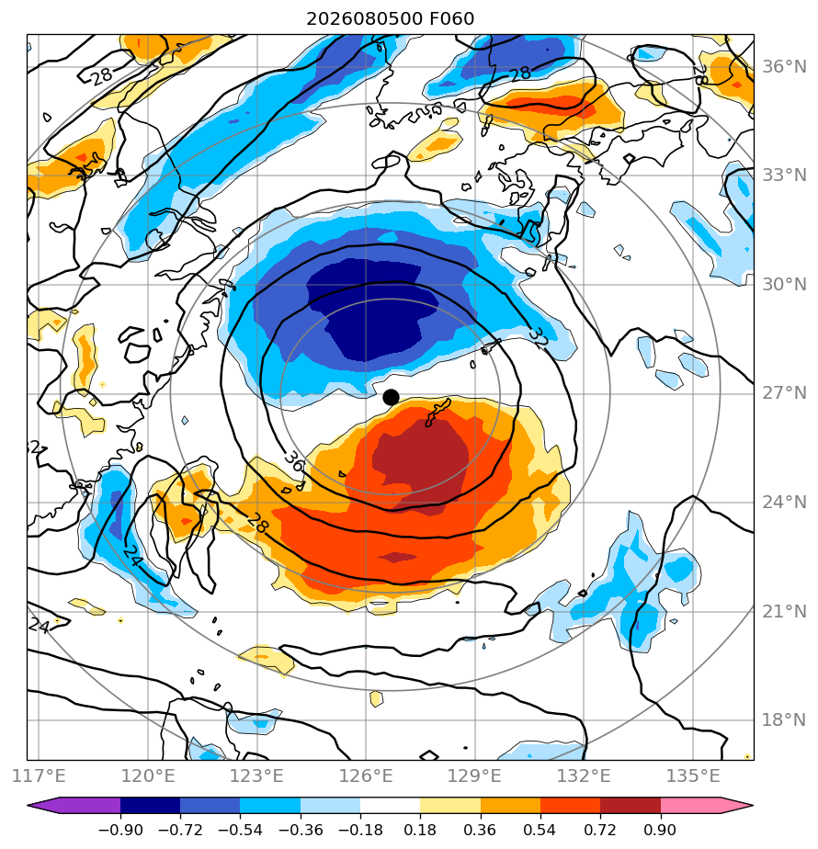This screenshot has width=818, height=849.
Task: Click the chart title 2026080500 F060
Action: point(390,19)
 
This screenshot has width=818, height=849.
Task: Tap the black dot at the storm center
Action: point(391,398)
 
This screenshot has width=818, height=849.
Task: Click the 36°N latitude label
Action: point(784,66)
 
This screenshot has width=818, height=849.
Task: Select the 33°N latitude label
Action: point(784,175)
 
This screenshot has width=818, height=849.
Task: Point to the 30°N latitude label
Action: point(784,284)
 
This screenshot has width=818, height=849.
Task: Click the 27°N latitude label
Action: point(784,393)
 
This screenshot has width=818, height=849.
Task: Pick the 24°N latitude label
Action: point(784,503)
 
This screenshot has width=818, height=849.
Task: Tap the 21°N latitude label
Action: point(784,611)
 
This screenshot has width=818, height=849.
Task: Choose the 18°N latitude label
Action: point(784,720)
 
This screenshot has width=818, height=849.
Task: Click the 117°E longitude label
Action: point(39,775)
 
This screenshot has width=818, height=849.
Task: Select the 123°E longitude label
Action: point(256,775)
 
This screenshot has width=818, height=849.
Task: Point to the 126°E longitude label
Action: point(366,775)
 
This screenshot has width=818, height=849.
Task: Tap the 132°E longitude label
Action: point(584,775)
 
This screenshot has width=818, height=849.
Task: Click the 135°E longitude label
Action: point(692,775)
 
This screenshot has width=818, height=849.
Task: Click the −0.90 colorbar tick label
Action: point(120,830)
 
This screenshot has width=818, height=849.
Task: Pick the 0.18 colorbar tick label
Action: point(420,830)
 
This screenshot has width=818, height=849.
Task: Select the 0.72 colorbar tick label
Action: point(599,830)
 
